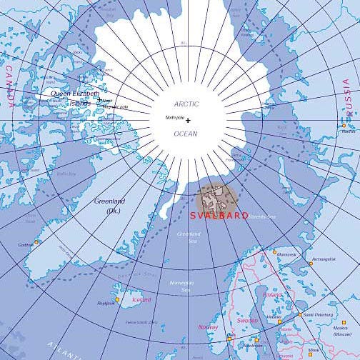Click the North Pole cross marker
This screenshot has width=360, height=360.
(188, 121)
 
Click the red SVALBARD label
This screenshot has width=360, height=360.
(219, 215)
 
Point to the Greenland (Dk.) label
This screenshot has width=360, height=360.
(109, 205)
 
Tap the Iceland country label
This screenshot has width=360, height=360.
(141, 300)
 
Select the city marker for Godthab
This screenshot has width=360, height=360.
(36, 242)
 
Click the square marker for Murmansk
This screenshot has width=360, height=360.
(274, 251)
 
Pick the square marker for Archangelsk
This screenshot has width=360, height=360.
(310, 264)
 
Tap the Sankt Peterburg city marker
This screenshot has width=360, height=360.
(299, 314)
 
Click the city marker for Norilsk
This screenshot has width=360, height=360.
(343, 126)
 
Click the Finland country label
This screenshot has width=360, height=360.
(272, 294)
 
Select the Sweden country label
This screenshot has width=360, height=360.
(247, 321)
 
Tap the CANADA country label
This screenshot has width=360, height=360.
(9, 86)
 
